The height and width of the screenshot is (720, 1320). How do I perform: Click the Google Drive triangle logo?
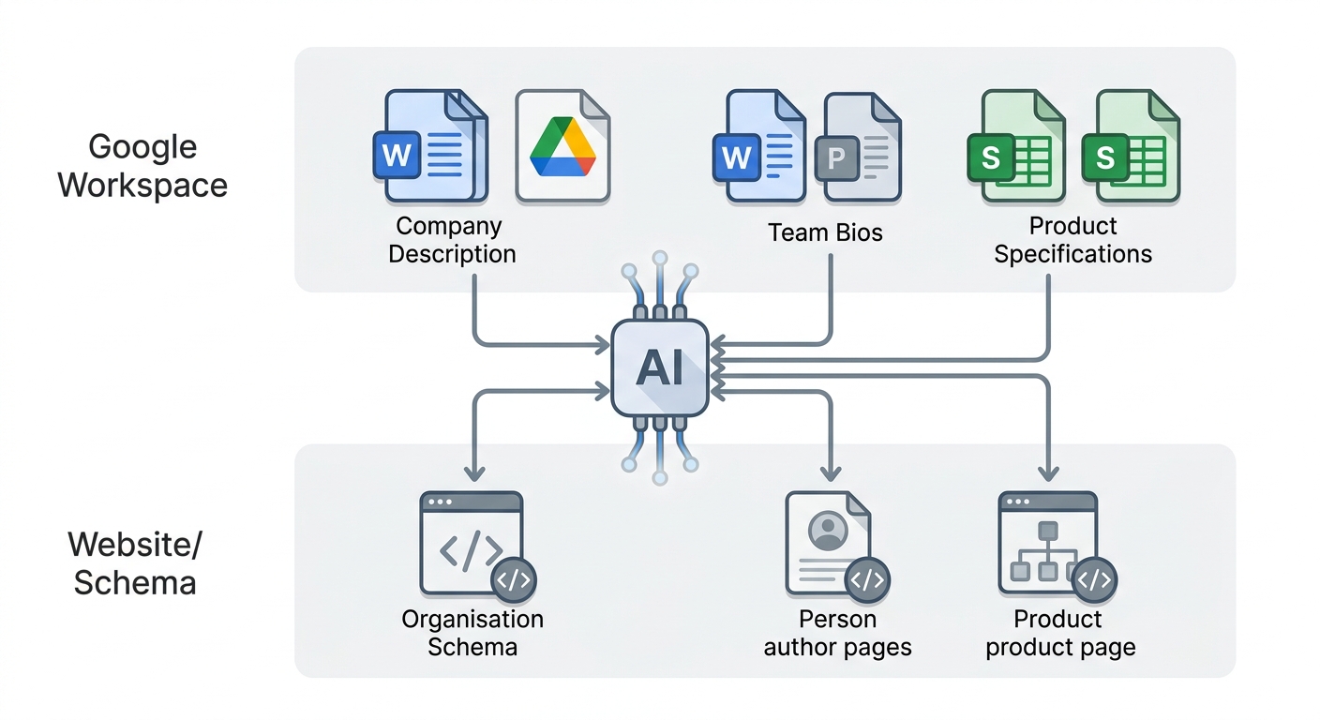pos(562,146)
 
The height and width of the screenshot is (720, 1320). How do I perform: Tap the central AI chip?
pos(660,368)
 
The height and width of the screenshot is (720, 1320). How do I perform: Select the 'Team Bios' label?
pos(825,232)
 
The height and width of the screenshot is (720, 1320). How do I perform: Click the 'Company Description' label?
pos(452,240)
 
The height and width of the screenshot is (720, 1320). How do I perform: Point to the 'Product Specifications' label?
pos(1072,240)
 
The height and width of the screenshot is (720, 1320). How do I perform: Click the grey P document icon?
pos(859,147)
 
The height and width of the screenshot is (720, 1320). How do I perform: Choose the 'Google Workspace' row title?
pos(142,166)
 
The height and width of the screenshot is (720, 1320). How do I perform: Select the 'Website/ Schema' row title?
pos(135,563)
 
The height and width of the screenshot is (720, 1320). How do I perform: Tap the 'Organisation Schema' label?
pos(472,633)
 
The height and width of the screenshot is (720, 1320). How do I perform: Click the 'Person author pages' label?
pos(837,633)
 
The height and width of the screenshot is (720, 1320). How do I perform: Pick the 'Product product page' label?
pos(1060,633)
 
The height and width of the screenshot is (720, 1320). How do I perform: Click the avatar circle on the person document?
pos(828,531)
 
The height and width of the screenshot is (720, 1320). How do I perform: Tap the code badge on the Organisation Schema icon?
pos(514,579)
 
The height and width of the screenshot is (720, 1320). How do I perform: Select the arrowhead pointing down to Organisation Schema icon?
pos(474,472)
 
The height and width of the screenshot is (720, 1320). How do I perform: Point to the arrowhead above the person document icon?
pos(831,472)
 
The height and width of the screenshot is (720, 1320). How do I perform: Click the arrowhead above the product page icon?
pos(1048,472)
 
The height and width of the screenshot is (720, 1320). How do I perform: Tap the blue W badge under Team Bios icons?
pos(736,157)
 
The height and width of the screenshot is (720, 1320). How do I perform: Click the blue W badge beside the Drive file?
pos(397,155)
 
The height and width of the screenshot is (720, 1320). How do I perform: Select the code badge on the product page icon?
pos(1094,579)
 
